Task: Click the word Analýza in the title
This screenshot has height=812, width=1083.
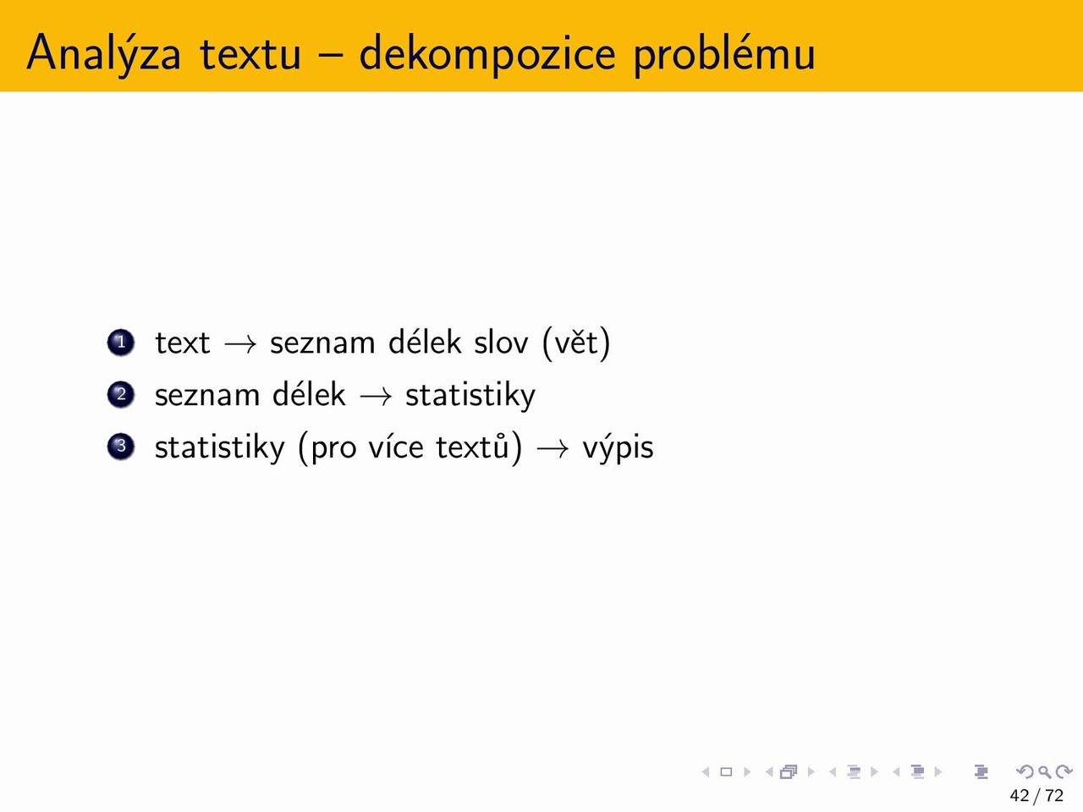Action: coord(103,53)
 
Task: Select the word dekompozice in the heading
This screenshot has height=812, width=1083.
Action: coord(487,53)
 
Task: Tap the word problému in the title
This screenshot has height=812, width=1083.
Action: coord(724,53)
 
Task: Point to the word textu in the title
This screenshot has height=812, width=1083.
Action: coord(250,54)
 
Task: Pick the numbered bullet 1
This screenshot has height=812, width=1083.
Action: coord(121,342)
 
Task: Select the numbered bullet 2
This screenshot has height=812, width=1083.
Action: coord(121,394)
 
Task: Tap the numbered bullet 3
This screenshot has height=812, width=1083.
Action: coord(121,447)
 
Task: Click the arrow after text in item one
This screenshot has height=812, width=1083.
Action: coord(241,343)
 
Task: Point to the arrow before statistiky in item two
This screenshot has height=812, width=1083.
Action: coord(376,396)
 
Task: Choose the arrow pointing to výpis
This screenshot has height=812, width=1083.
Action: coord(552,448)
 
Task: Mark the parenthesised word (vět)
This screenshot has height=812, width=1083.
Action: coord(576,343)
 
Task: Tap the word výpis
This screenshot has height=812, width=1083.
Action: coord(618,447)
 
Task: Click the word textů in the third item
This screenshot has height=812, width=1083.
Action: coord(472,446)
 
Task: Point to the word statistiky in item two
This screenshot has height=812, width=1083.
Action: coord(470,395)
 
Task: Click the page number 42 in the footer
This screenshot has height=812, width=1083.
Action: coord(1020,795)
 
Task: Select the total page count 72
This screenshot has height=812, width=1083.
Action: coord(1054,795)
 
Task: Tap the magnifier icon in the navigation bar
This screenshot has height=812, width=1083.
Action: coord(1045,771)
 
